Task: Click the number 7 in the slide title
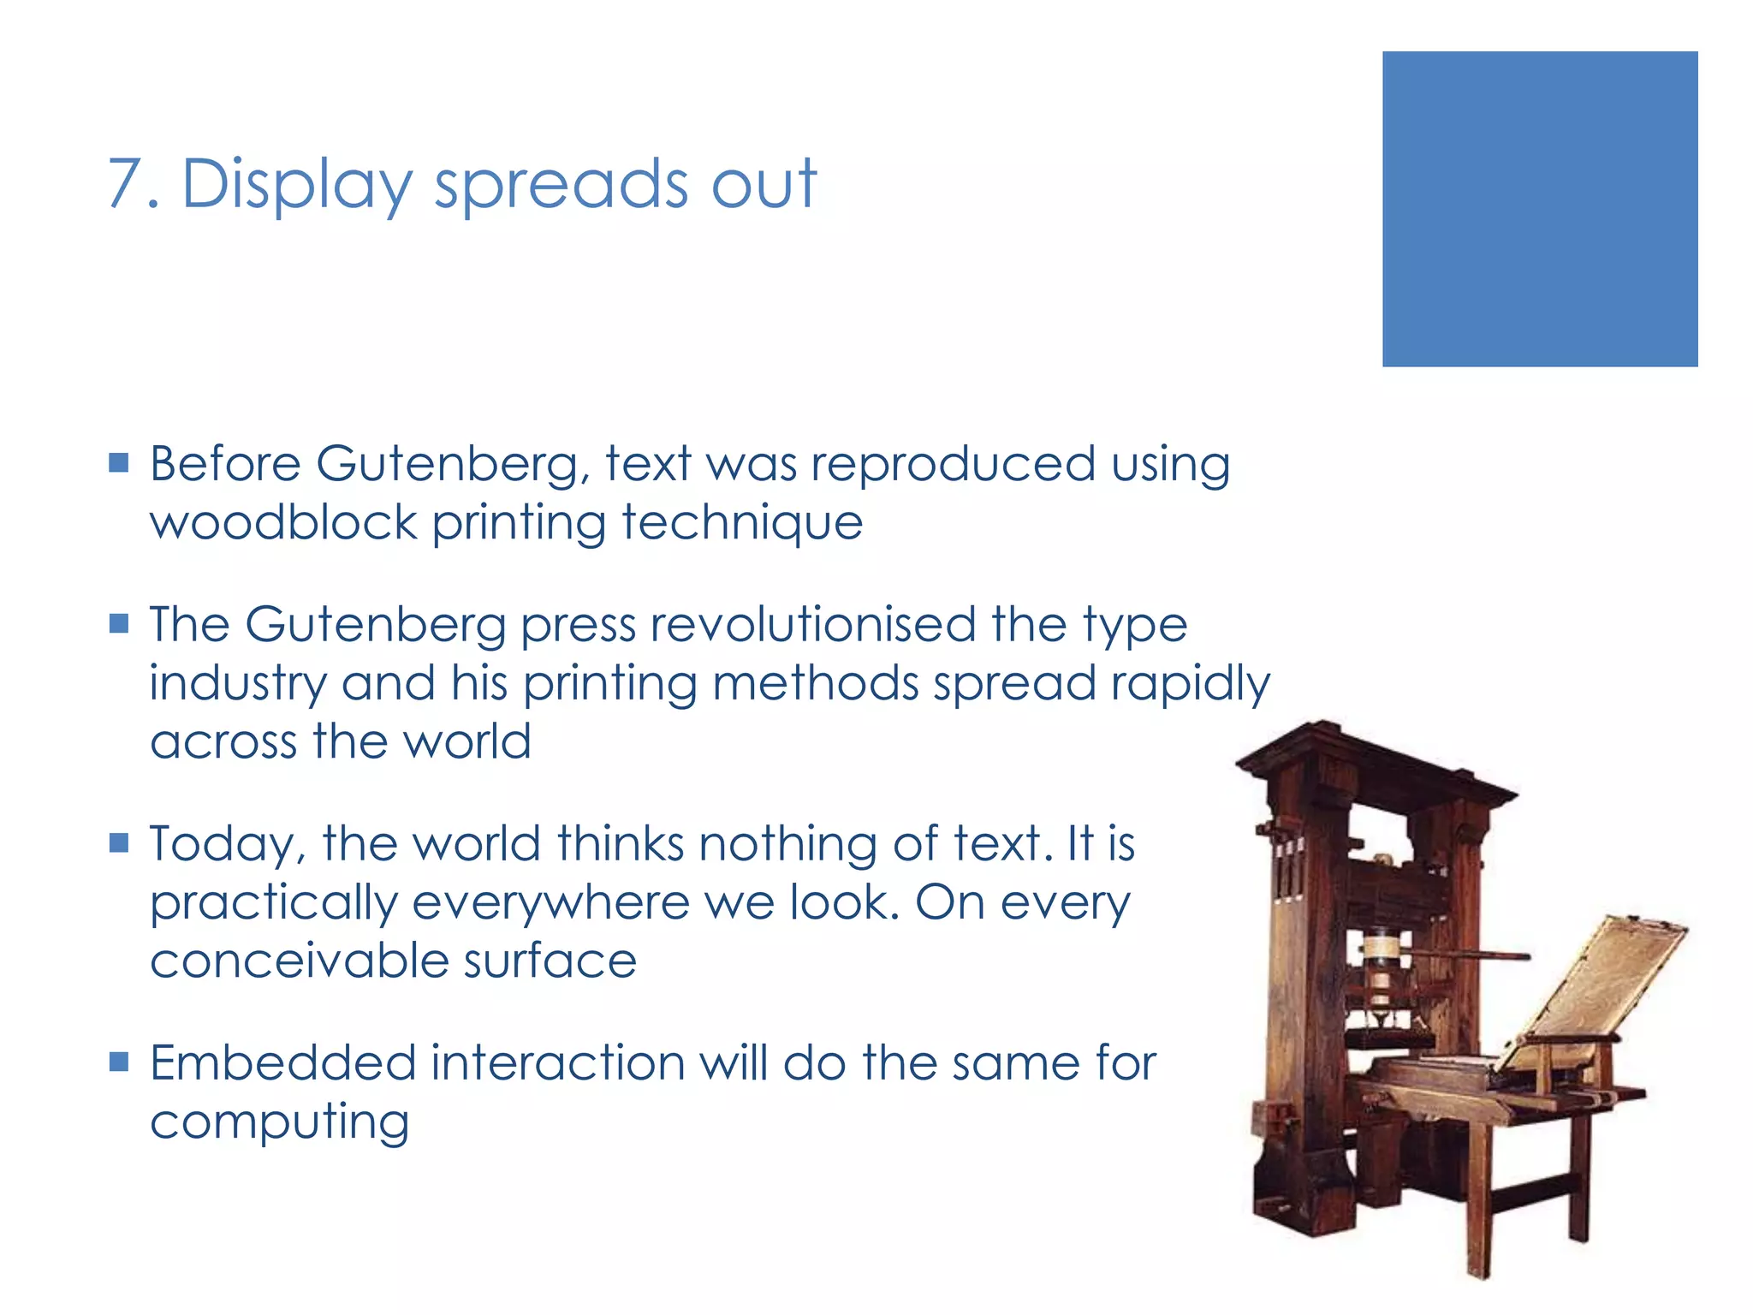click(125, 183)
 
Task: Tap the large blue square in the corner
click(1539, 209)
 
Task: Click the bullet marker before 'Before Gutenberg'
click(119, 463)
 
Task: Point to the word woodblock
click(283, 522)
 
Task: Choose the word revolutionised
click(812, 624)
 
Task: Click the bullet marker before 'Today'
click(119, 843)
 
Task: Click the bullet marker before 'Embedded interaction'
click(119, 1062)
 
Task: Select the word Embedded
click(282, 1063)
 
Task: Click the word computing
click(279, 1123)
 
